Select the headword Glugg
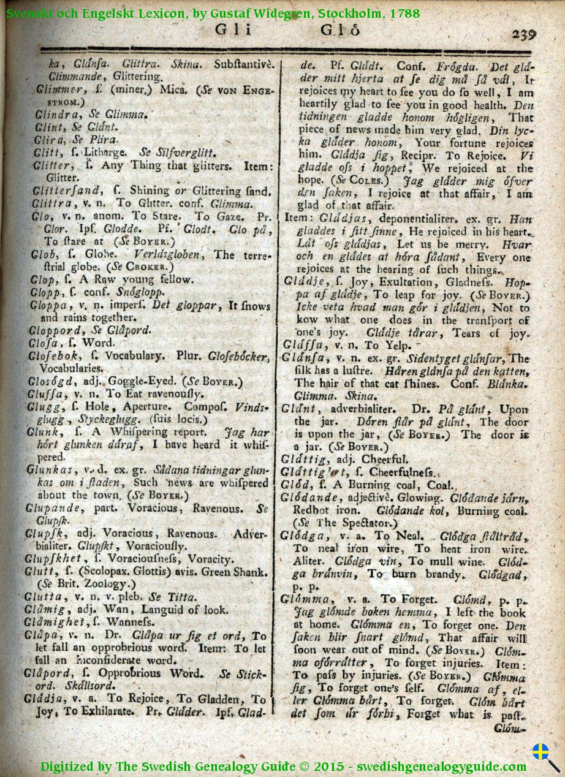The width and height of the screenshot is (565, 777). tap(42, 407)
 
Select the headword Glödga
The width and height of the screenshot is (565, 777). tap(306, 536)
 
